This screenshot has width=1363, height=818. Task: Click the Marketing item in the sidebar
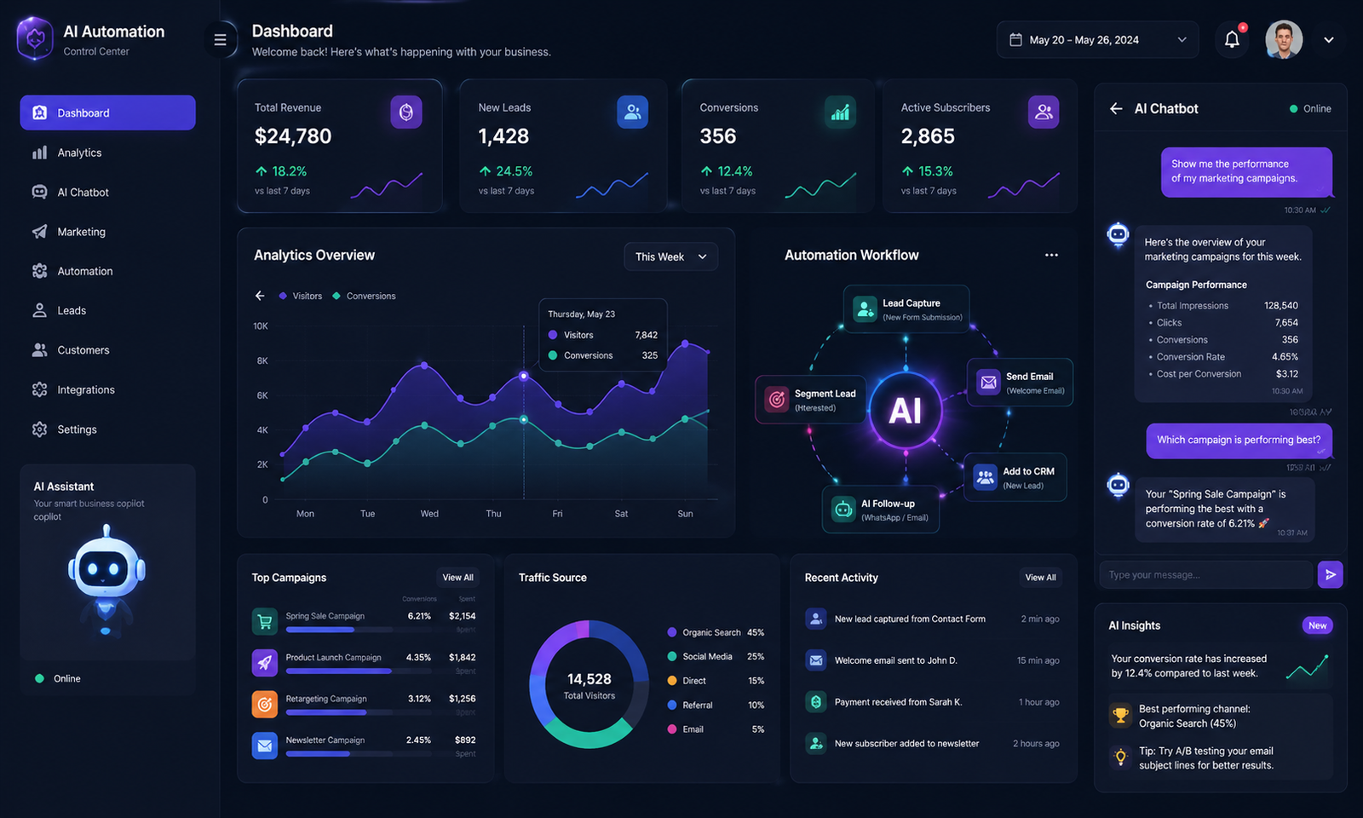[81, 232]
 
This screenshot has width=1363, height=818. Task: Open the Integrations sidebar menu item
[85, 389]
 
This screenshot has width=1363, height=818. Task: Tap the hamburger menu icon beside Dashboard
[220, 40]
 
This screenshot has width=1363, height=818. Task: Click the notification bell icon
[1232, 39]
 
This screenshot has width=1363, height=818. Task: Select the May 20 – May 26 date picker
[1097, 40]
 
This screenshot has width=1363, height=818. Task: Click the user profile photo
[1284, 39]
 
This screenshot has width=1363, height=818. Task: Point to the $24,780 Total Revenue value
[293, 136]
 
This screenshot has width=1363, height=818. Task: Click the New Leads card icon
[632, 112]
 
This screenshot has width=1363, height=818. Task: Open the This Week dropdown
[670, 256]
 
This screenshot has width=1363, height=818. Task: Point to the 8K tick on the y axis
[262, 360]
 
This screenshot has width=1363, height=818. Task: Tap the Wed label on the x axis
[429, 514]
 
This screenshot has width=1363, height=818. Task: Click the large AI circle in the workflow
[905, 411]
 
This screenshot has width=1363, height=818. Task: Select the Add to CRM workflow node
[1015, 477]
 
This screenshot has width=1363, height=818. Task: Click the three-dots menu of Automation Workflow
[1051, 255]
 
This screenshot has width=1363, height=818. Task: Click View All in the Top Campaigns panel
[457, 578]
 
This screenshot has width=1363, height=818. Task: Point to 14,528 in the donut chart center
[589, 679]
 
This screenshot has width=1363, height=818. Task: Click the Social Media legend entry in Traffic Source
[707, 656]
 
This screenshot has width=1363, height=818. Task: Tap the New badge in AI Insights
[1317, 625]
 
